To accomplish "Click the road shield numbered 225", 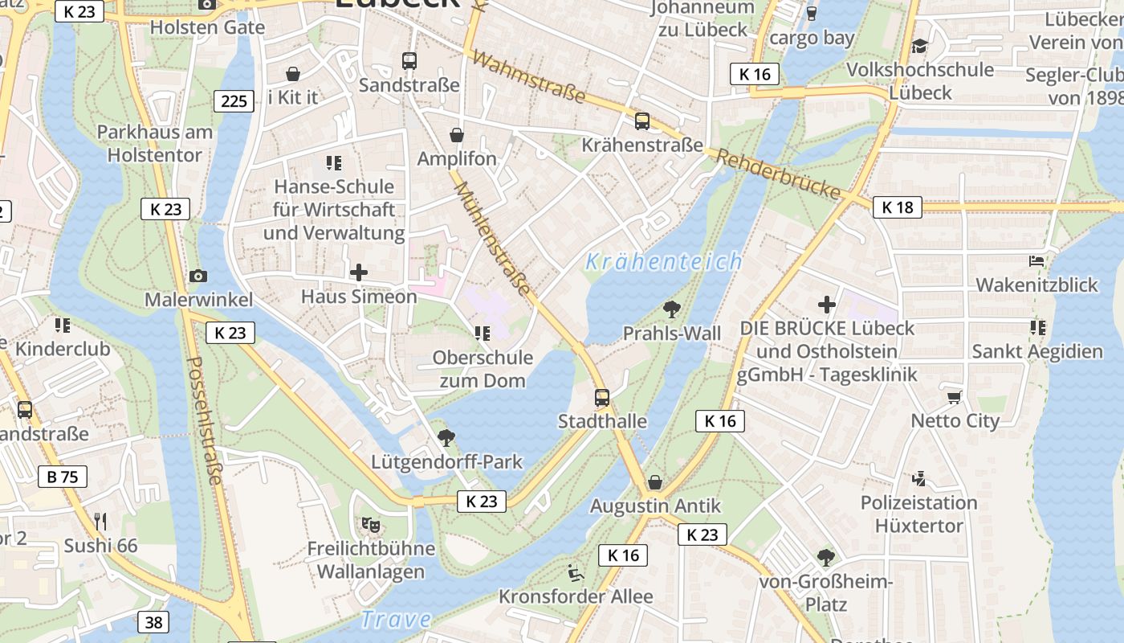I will point(234,100).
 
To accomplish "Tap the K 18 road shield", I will point(897,207).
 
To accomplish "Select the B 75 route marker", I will point(62,477).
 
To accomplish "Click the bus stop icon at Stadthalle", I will point(601,397).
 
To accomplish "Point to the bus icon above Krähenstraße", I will point(641,121).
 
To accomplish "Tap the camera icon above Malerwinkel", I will point(198,276).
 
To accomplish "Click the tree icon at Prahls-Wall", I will point(671,309).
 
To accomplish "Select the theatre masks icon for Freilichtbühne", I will point(370,525).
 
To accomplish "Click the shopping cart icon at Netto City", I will point(954,397).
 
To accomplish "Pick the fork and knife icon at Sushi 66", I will point(100,522).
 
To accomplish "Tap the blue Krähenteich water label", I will point(663,262).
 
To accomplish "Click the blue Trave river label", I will point(395,620).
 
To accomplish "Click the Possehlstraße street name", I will point(204,420).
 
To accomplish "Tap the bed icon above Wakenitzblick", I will point(1036,261).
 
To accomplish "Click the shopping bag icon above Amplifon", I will point(457,135).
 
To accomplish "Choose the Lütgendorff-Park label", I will point(446,462).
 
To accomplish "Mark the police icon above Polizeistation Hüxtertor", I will point(918,479).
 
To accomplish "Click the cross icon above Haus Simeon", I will point(358,272).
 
